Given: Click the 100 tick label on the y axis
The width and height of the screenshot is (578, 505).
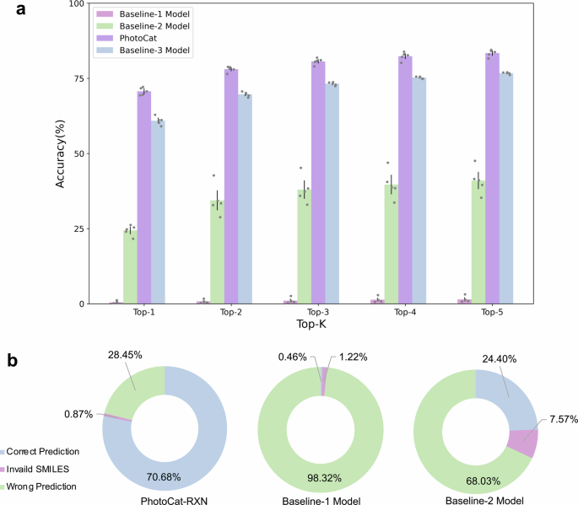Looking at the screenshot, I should click(73, 3).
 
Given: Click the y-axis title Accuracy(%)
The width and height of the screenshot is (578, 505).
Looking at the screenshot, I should click(61, 154).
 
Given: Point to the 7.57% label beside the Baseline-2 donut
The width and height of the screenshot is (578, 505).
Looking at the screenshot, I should click(561, 420).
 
